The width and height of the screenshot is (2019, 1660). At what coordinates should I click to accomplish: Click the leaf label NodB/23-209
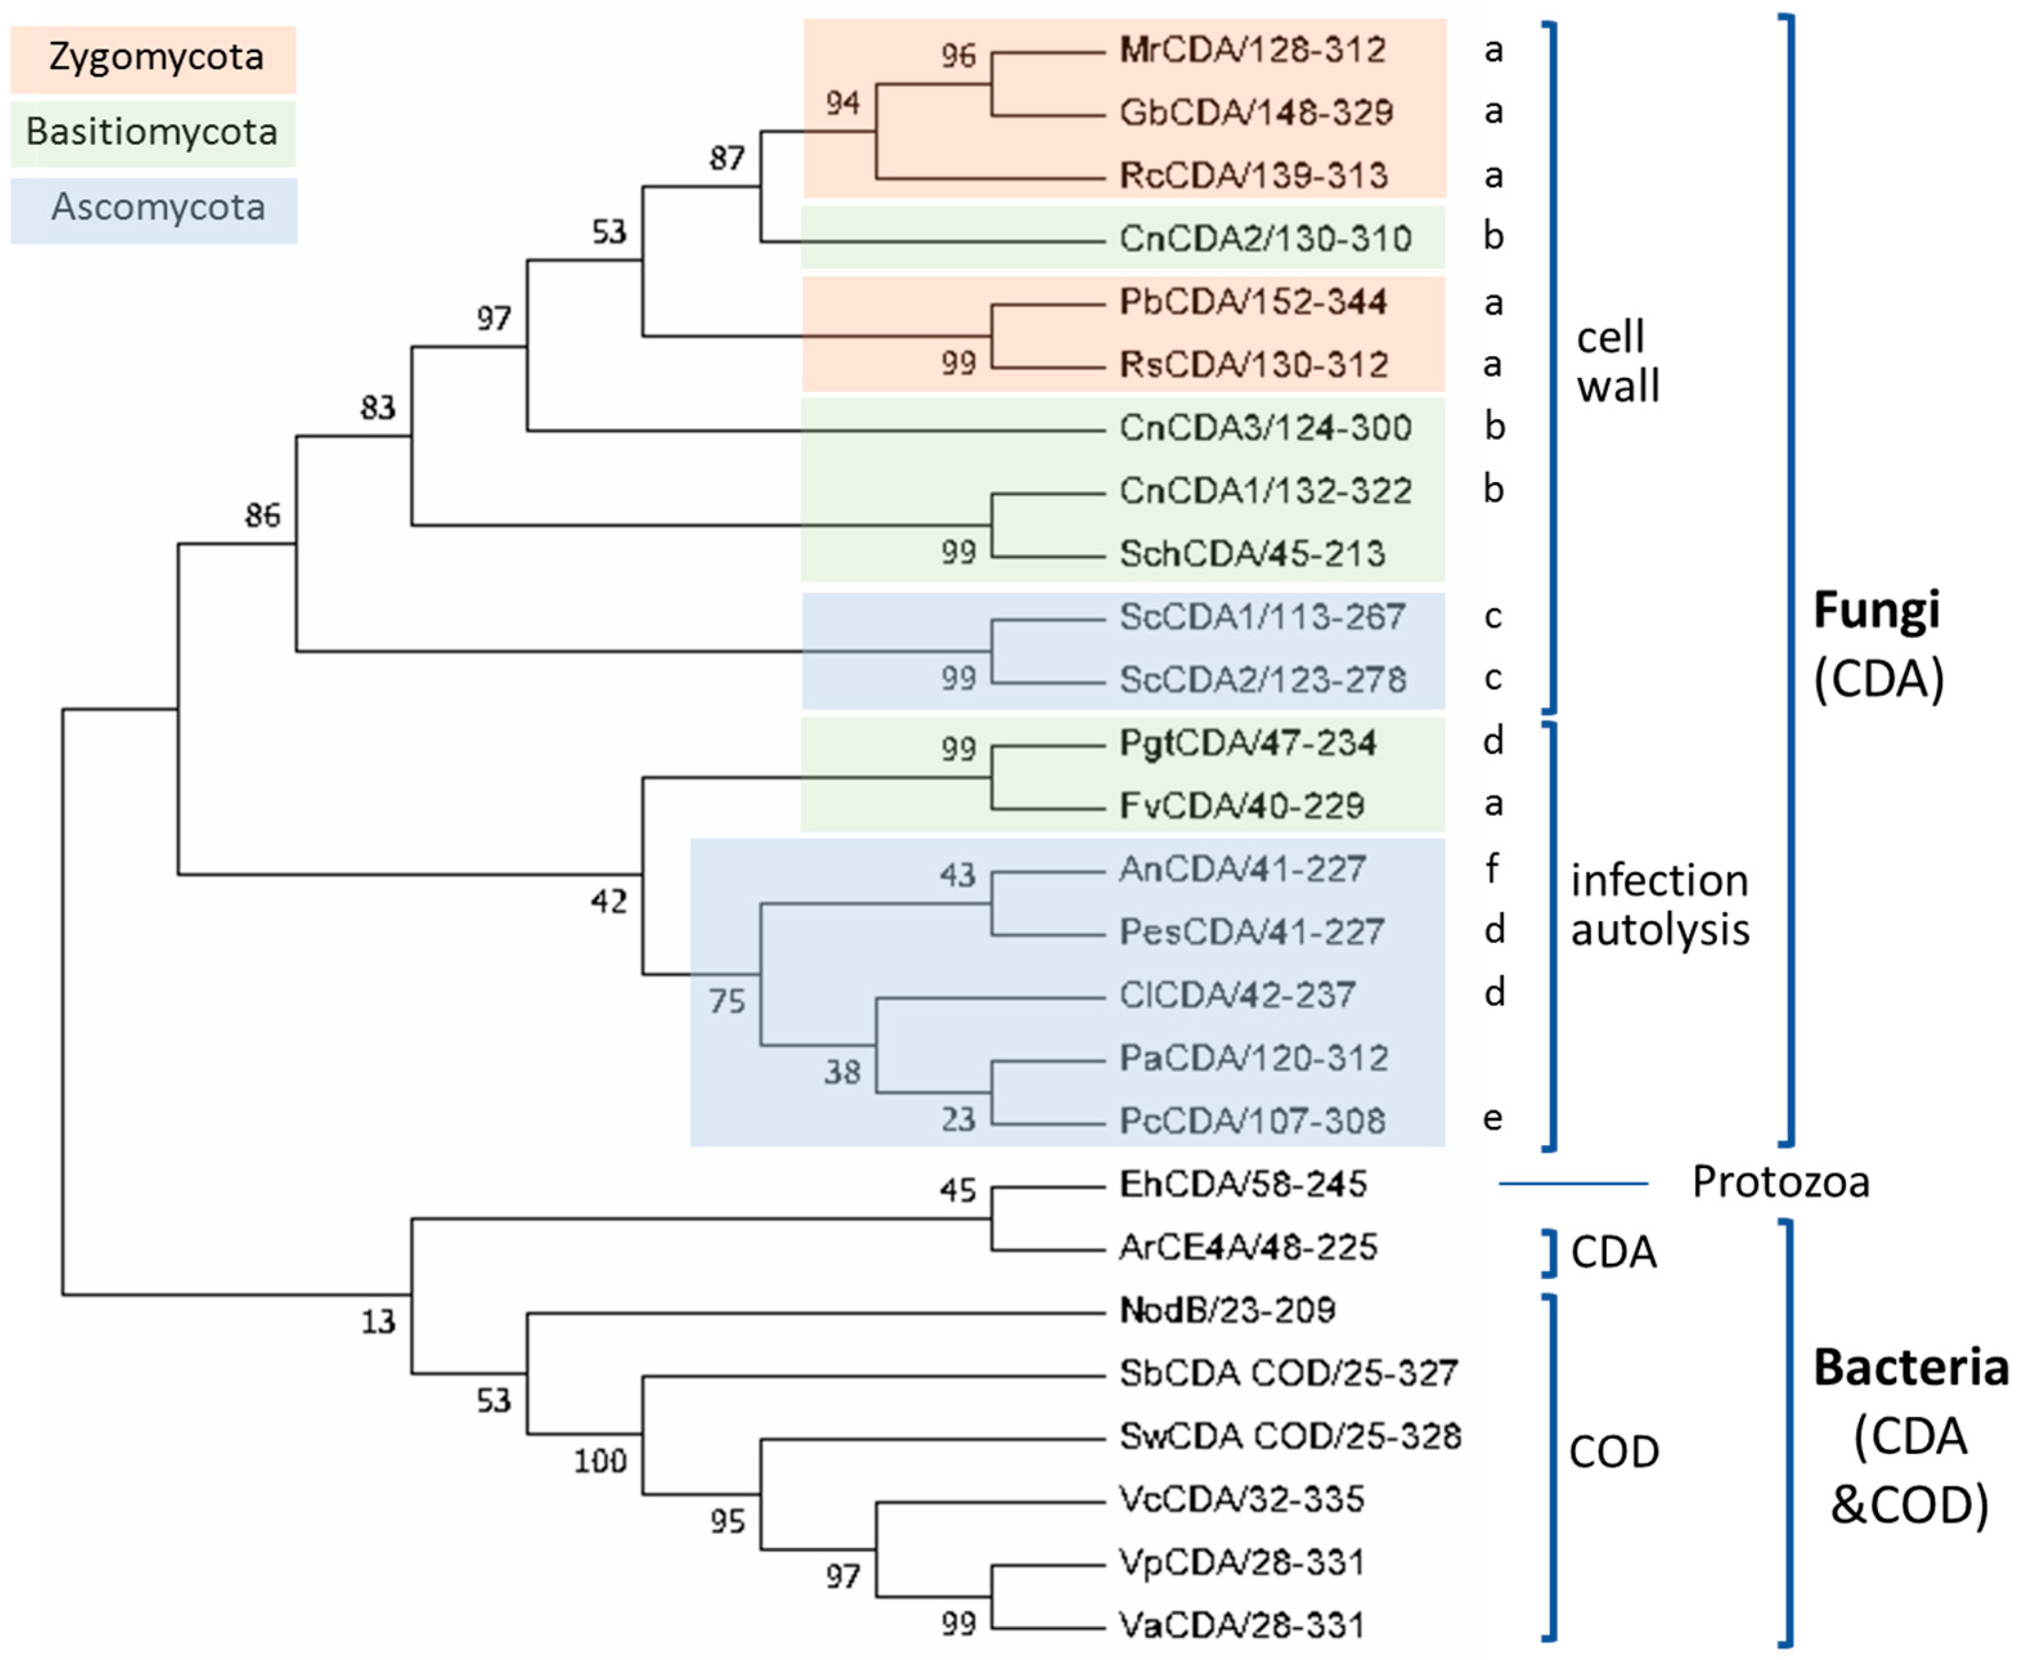pyautogui.click(x=1227, y=1310)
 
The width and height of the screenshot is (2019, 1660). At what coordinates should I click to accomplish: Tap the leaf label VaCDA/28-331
pyautogui.click(x=1241, y=1625)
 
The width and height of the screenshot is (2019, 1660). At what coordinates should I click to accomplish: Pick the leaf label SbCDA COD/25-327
pyautogui.click(x=1287, y=1373)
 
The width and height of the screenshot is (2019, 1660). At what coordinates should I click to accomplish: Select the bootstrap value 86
pyautogui.click(x=262, y=516)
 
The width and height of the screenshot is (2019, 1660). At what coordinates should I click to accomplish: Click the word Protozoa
pyautogui.click(x=1780, y=1183)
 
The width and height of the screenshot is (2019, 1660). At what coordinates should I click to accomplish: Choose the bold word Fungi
pyautogui.click(x=1876, y=610)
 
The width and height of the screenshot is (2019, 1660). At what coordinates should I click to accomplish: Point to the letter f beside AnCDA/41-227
pyautogui.click(x=1492, y=869)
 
